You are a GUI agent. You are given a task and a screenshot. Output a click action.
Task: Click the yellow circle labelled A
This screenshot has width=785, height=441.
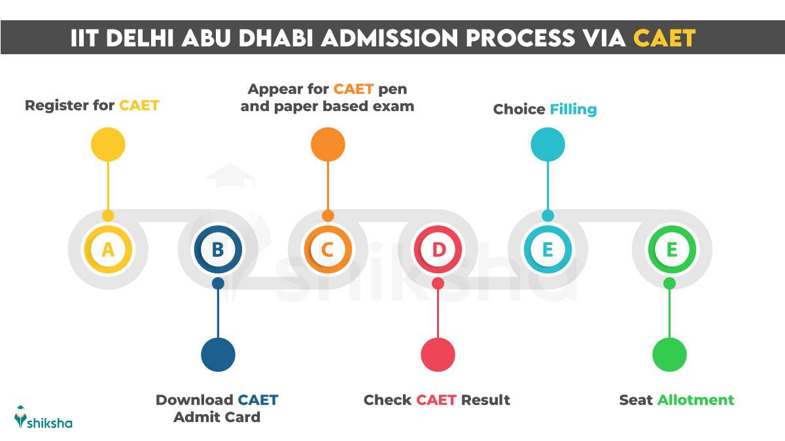[108, 250]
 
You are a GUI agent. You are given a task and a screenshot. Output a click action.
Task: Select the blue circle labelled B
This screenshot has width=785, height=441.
[218, 250]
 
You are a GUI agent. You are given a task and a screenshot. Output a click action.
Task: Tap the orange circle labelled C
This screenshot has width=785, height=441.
[328, 250]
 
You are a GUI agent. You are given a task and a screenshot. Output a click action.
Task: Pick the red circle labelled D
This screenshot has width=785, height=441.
[438, 250]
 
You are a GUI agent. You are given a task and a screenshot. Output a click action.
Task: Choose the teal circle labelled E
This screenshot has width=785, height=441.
[548, 250]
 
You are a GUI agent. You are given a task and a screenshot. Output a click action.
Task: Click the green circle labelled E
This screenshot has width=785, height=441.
[671, 250]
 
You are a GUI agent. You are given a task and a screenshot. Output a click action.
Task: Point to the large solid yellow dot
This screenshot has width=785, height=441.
[108, 144]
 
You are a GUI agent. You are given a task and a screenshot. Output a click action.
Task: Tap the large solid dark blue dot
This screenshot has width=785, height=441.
[218, 355]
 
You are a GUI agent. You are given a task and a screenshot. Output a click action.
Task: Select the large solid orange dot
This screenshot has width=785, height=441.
[328, 144]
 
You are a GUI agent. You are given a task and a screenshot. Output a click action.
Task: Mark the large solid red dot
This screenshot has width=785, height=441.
[438, 355]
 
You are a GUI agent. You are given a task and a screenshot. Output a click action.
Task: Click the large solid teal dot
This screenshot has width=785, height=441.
[548, 144]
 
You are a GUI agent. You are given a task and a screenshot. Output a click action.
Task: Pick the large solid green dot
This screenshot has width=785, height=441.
[669, 355]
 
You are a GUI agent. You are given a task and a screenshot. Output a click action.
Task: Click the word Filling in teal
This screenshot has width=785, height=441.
[573, 109]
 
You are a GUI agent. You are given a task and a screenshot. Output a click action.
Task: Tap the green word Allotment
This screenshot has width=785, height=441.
[695, 400]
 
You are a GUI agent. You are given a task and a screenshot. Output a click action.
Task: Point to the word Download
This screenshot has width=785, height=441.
[194, 400]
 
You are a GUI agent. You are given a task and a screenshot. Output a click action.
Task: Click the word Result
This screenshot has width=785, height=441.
[485, 400]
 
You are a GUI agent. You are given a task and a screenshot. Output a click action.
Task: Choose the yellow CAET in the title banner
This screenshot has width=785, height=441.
[664, 39]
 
